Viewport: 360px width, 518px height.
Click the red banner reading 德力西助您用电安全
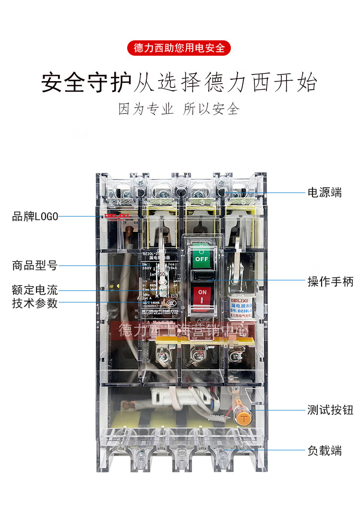180,48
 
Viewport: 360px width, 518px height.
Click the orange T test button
244,418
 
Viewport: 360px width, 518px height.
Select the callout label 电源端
324,193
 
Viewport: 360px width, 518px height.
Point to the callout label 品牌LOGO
35,217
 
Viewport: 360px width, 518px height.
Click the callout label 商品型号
35,265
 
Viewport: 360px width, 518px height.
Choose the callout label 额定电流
35,290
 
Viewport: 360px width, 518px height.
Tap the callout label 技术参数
35,303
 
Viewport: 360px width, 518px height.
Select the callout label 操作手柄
330,281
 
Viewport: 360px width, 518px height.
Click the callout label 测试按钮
330,410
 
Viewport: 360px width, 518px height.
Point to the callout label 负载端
324,451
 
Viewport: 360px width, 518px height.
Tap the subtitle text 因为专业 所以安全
180,109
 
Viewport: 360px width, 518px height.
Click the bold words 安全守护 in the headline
86,82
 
